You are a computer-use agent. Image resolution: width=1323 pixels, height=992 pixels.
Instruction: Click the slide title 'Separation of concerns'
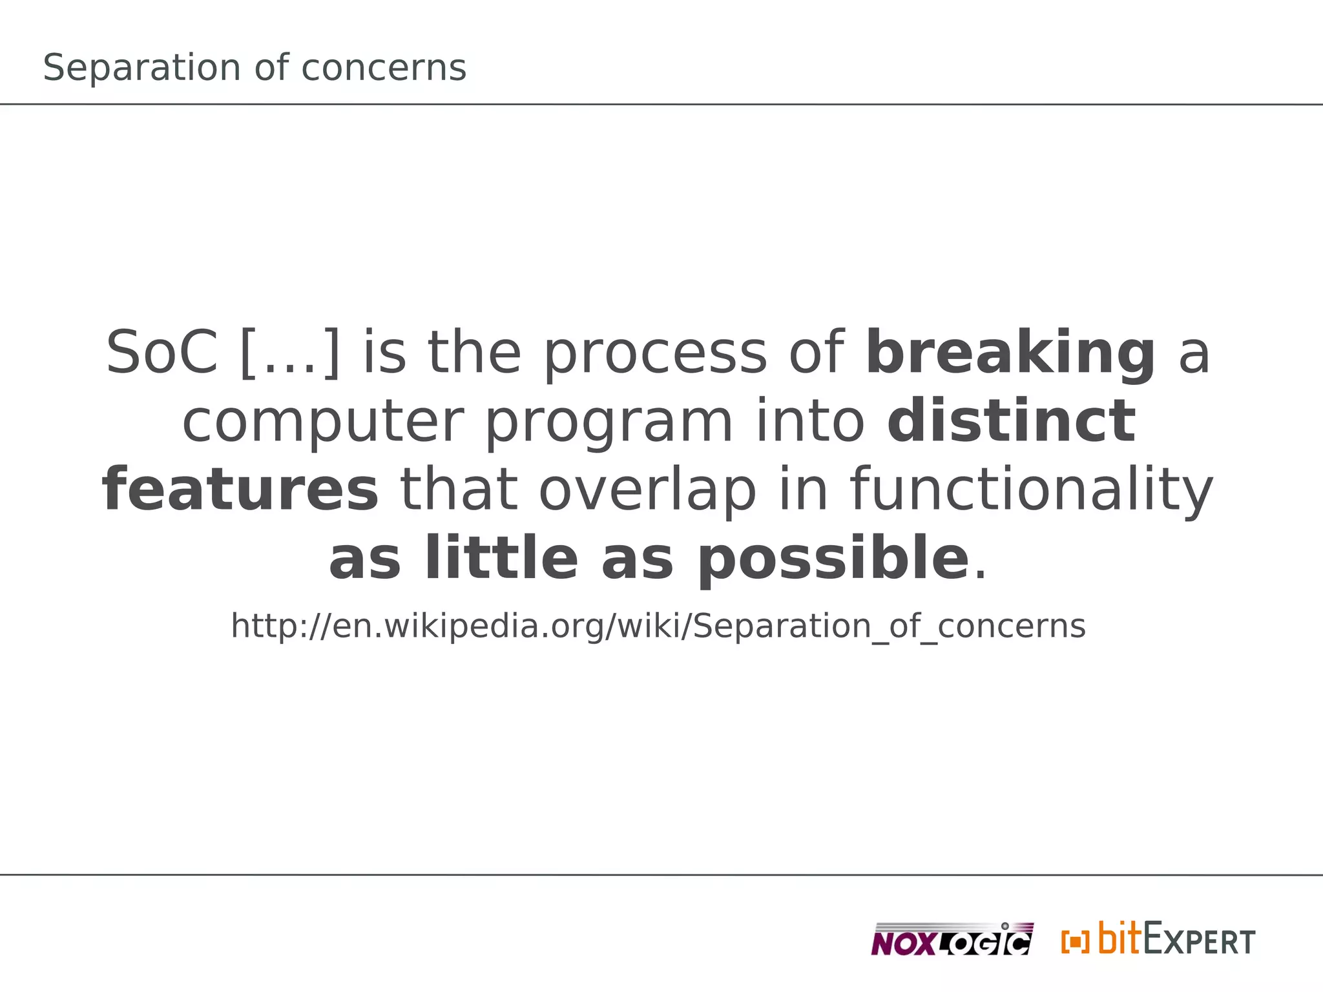coord(255,68)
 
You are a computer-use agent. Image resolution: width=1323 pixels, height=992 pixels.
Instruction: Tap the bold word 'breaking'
coord(1010,353)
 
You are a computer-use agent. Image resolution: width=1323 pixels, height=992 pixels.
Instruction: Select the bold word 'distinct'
coord(1011,421)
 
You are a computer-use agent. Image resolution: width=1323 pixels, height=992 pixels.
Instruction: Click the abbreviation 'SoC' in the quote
coord(161,353)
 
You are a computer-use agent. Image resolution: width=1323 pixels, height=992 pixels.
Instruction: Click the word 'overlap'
coord(647,491)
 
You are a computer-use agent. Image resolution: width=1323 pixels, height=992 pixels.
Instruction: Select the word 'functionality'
coord(1031,491)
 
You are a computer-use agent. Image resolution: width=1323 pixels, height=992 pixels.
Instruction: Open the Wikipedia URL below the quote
coord(658,626)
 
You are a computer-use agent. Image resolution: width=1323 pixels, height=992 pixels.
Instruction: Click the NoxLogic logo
coord(952,940)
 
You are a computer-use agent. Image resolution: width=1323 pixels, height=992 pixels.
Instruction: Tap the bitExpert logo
coord(1176,940)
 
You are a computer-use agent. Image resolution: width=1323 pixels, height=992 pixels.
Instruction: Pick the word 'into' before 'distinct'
coord(810,421)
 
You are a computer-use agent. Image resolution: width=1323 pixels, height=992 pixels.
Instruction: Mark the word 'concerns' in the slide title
coord(384,68)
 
